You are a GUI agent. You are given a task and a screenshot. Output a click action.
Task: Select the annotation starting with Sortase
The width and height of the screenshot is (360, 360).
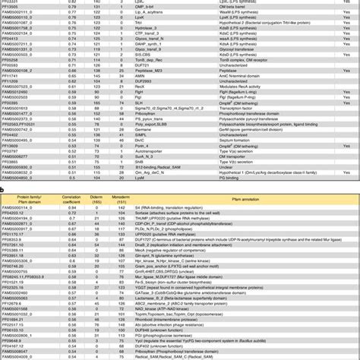pos(189,213)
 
